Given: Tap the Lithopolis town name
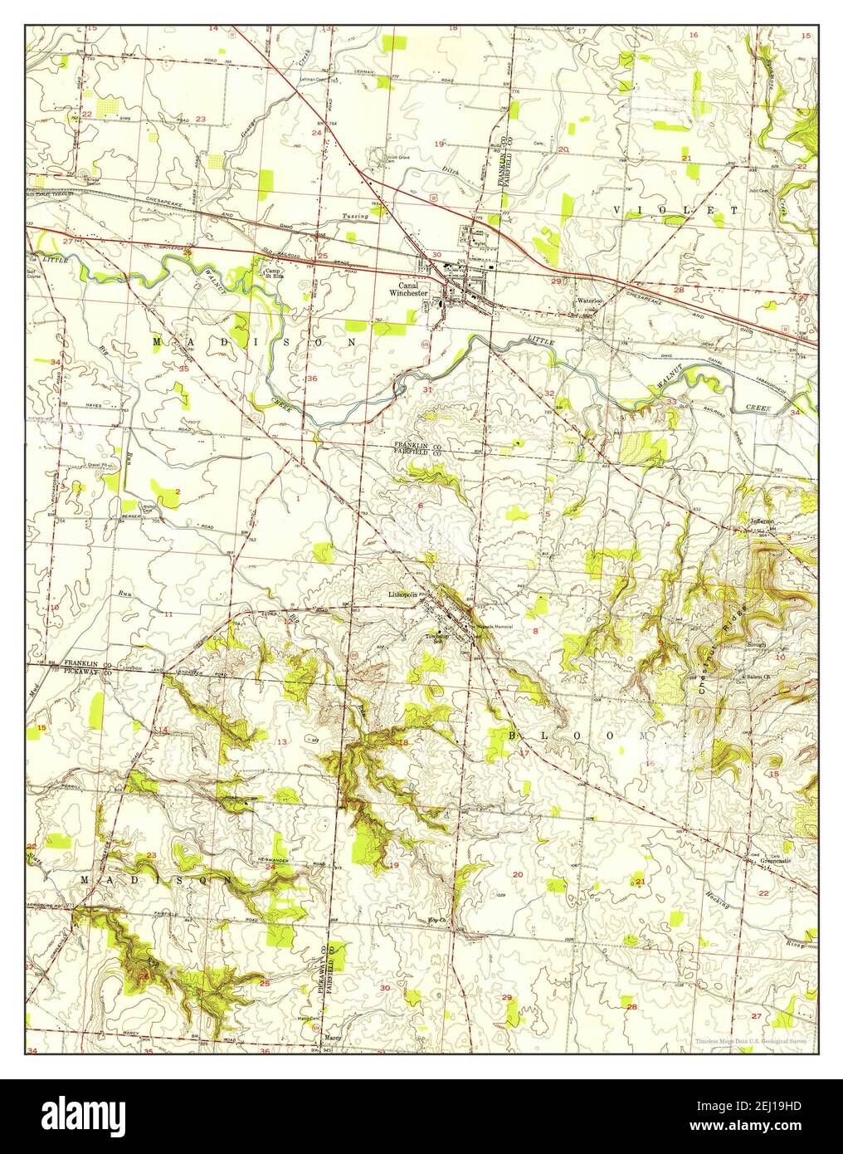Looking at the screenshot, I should coord(405,596).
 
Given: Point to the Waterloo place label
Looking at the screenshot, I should coord(589,301).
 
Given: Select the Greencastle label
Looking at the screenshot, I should coord(776,862).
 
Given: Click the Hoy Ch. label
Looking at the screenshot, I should coord(436,920).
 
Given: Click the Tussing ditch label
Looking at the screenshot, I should coord(355,217).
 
